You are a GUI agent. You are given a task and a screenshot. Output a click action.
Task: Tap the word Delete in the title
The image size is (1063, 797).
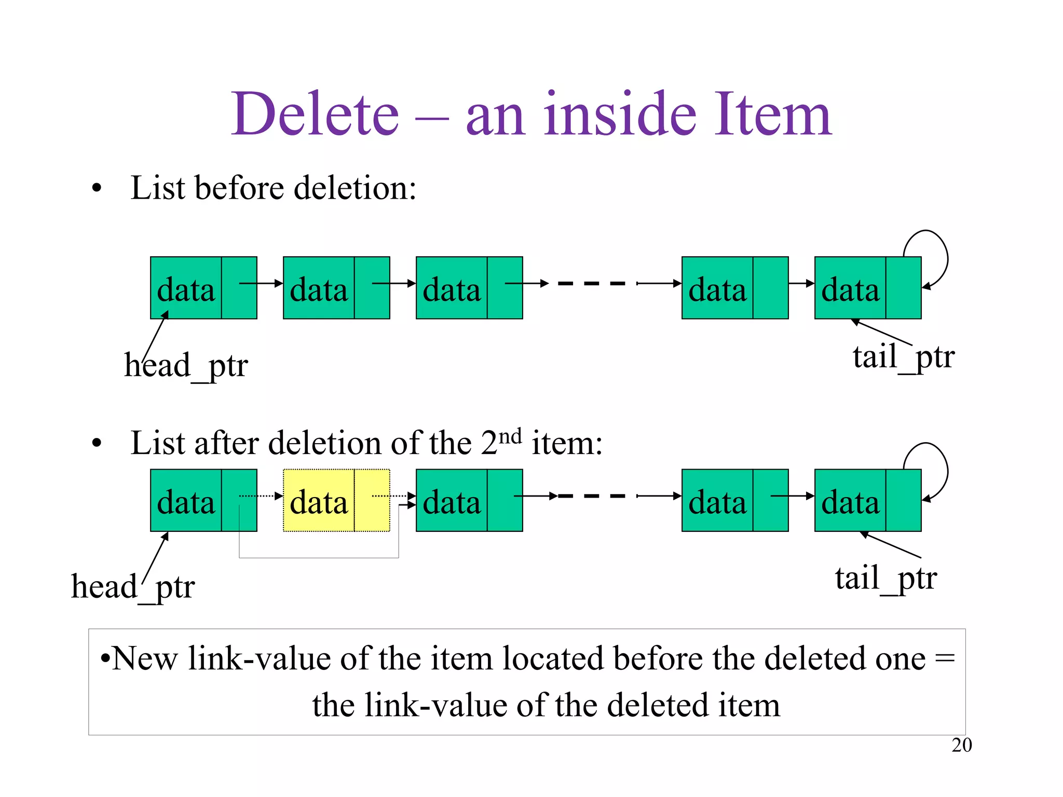click(316, 114)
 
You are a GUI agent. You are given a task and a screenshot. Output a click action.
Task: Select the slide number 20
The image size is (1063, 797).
click(961, 745)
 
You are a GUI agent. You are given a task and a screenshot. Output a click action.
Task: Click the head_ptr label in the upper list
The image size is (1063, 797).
click(186, 366)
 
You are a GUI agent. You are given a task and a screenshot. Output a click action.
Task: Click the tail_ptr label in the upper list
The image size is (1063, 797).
click(903, 357)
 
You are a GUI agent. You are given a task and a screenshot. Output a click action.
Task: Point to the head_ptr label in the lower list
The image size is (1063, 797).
click(133, 587)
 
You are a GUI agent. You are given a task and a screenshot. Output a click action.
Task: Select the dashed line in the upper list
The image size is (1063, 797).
click(592, 283)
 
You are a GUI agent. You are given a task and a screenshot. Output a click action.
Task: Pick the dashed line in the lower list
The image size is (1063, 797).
click(592, 496)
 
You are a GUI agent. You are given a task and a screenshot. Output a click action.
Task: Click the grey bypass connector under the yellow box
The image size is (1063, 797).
click(319, 558)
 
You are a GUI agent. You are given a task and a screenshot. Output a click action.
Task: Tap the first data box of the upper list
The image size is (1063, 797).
click(186, 288)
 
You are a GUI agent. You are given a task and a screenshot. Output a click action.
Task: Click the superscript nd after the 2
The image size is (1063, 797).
click(510, 436)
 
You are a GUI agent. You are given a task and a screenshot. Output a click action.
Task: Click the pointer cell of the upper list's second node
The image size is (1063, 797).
click(372, 288)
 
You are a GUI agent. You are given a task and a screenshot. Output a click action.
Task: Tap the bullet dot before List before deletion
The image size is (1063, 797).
click(97, 189)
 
